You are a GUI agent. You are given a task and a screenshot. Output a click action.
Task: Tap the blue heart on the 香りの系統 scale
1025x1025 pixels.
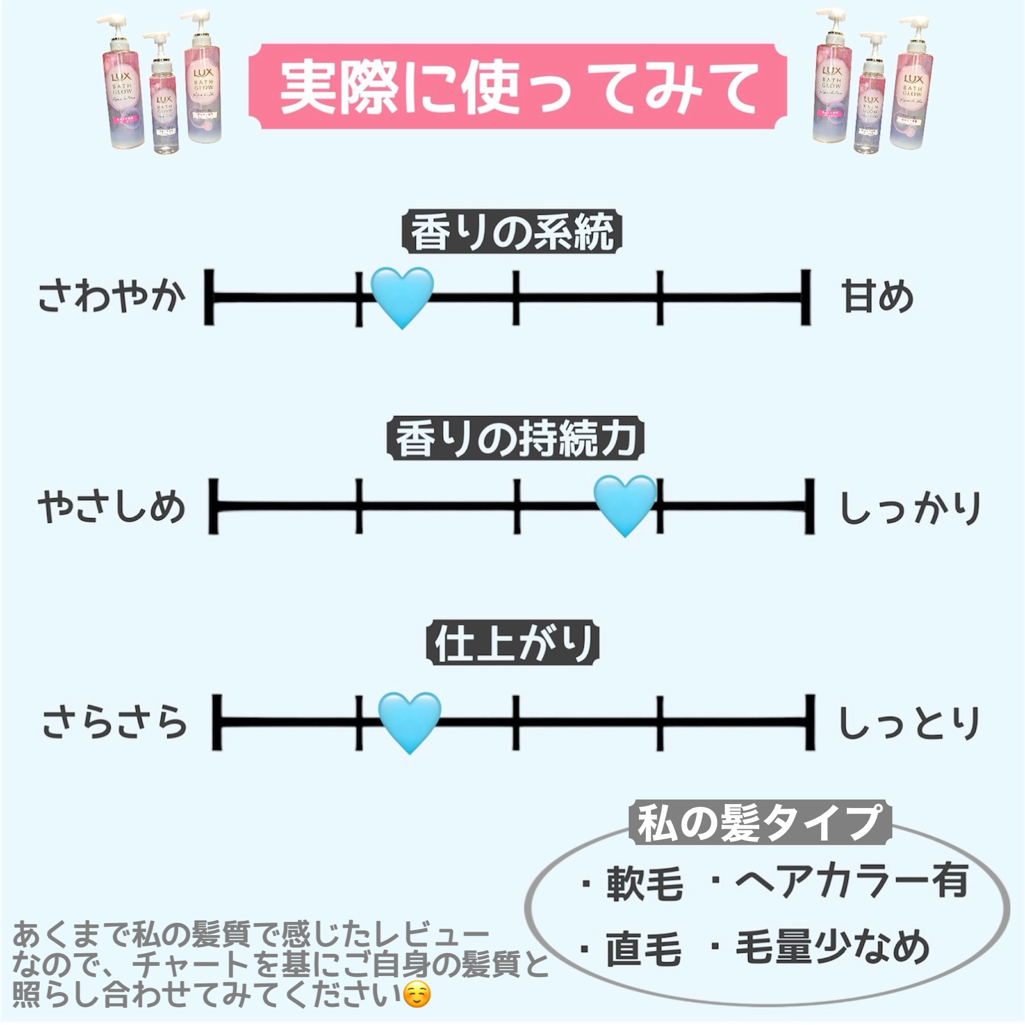point(402,296)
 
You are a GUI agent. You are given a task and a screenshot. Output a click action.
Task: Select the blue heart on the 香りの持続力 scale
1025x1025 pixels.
point(625,505)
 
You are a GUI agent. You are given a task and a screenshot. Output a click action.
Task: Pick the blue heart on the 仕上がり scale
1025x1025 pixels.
point(409,721)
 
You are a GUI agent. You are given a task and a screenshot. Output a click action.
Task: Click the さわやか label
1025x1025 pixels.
point(112,297)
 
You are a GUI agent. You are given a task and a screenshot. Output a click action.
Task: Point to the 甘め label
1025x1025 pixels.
point(878,297)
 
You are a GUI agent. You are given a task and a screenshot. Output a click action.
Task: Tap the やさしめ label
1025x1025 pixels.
point(112,507)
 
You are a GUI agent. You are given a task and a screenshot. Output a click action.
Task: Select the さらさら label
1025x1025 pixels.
point(114,722)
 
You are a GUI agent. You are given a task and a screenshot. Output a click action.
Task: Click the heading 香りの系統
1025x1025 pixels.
point(512,233)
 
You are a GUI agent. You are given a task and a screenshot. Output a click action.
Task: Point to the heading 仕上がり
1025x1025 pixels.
point(513,645)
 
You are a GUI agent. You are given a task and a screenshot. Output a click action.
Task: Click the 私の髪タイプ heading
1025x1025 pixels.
point(759,823)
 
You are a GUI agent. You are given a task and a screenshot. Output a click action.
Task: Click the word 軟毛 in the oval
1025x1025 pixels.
point(643,884)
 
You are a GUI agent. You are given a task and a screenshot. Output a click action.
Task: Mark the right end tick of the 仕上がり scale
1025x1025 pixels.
point(809,722)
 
